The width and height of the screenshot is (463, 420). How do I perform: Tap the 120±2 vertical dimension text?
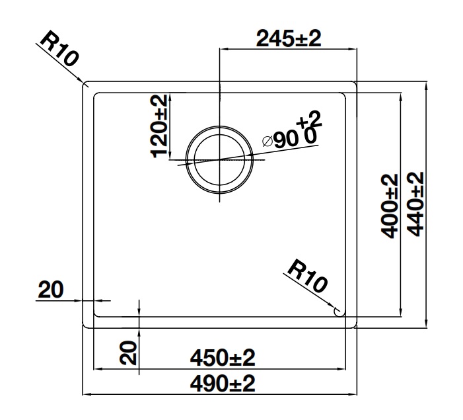point(160,126)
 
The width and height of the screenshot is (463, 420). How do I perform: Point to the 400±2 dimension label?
point(390,206)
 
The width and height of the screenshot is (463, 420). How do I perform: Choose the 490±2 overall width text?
point(222,383)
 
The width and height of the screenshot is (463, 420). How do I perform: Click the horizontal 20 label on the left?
point(51,289)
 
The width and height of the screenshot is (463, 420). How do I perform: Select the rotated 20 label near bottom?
point(129,352)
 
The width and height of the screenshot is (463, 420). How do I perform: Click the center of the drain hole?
point(219,159)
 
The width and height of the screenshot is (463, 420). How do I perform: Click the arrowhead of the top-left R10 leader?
point(87,84)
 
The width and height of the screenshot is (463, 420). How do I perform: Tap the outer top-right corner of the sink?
point(357,83)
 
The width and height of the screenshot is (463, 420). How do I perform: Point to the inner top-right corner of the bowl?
point(345,93)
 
